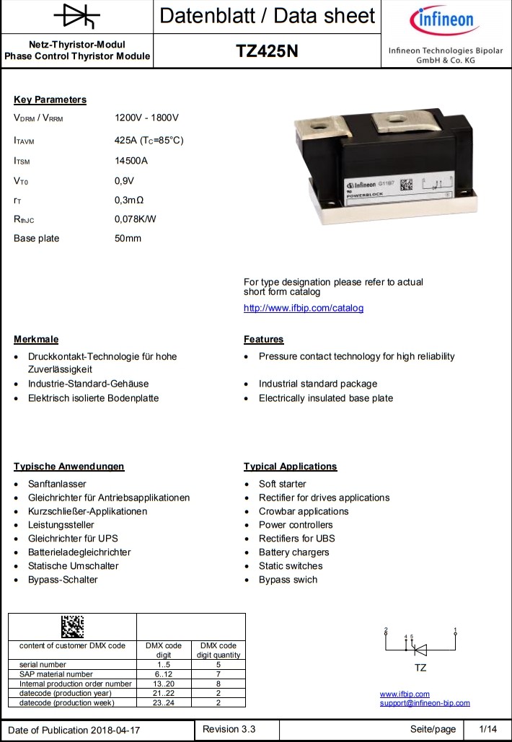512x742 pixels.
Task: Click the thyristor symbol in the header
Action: [76, 16]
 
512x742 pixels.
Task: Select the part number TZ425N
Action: [267, 52]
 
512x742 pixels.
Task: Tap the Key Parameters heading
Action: [50, 100]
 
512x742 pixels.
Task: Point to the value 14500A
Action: [131, 161]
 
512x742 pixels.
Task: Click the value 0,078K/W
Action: [136, 218]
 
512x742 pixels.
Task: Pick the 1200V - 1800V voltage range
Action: [146, 118]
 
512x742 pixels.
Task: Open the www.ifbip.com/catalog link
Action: [304, 308]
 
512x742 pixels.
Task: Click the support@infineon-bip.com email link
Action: [425, 703]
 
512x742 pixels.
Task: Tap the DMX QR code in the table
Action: [72, 626]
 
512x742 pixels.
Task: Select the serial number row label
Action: [43, 664]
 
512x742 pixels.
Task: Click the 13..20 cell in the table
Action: [164, 684]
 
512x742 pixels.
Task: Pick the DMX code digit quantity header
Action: [218, 650]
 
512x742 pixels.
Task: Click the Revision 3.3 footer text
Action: [229, 729]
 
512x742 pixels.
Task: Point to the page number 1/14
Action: [488, 730]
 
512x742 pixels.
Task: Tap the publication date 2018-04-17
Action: [116, 730]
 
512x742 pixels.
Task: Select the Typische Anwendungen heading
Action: [69, 467]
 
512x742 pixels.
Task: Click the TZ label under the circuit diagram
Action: [420, 668]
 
